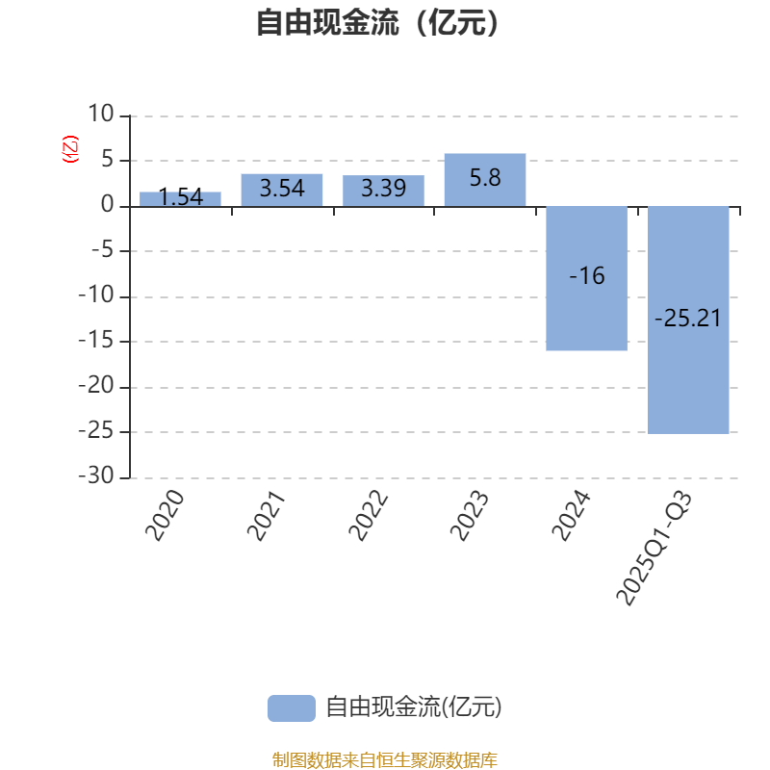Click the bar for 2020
(180, 199)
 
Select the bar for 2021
(282, 190)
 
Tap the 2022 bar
(383, 191)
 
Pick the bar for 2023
(485, 180)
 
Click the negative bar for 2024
(586, 278)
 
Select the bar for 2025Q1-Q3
(688, 320)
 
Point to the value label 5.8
(485, 178)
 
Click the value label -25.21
(688, 319)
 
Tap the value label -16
(586, 276)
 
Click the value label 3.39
(383, 189)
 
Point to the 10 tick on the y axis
(100, 115)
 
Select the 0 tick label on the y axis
(107, 206)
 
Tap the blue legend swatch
(291, 707)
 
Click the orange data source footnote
(384, 760)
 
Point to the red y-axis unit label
(69, 149)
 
